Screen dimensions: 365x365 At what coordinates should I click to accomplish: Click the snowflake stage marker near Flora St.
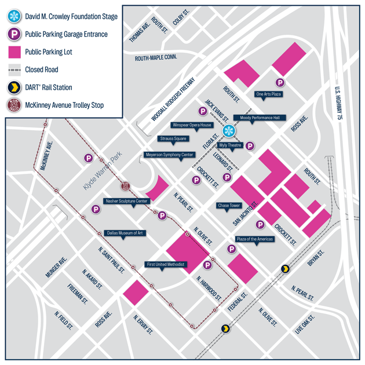[229, 130]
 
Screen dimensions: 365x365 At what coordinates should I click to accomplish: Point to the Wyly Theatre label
[230, 145]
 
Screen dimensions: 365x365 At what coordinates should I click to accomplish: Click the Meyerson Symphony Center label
[169, 155]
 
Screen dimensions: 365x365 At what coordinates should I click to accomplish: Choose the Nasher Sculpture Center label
[127, 201]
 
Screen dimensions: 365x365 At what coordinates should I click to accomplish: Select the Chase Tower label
[228, 205]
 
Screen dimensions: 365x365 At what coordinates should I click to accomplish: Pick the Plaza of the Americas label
[254, 239]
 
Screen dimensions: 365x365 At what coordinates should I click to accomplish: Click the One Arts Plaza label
[268, 94]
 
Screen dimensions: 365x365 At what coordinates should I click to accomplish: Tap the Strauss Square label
[172, 138]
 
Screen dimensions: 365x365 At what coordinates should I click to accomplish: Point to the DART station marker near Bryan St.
[285, 269]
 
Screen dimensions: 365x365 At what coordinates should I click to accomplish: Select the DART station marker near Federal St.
[225, 329]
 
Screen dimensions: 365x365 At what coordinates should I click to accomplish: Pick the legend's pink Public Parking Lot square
[14, 52]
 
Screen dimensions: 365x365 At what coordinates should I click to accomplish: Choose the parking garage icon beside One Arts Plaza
[280, 83]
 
